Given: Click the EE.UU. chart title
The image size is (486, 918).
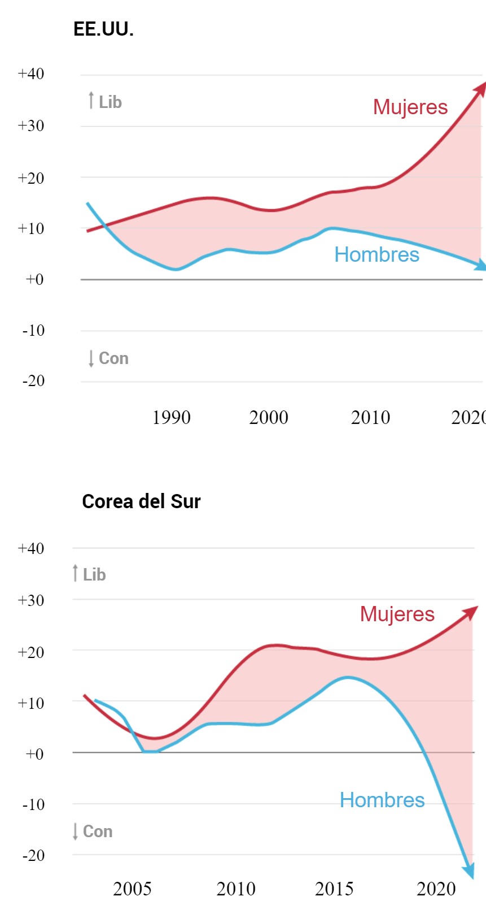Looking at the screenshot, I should click(103, 29).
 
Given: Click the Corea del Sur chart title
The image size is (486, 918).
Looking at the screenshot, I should click(141, 501).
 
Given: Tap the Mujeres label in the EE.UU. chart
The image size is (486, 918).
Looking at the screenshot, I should click(410, 107).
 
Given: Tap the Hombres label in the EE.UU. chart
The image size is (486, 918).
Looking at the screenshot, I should click(376, 254).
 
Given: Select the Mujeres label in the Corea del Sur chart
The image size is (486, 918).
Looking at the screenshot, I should click(397, 614).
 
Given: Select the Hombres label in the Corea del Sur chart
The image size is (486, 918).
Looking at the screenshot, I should click(382, 800).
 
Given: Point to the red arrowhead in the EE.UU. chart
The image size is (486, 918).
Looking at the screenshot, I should click(480, 88).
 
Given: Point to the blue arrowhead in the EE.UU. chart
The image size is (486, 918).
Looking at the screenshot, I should click(480, 265).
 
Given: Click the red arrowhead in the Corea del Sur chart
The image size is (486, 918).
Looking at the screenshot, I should click(471, 612).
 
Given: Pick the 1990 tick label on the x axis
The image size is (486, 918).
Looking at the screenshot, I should click(172, 418).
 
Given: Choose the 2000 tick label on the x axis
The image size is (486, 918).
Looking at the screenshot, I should click(269, 418).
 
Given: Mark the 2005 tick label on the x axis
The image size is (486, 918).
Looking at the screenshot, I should click(132, 889).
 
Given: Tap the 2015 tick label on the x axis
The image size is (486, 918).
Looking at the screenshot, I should click(334, 889).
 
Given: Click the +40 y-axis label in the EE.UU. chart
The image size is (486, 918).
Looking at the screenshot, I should click(31, 74).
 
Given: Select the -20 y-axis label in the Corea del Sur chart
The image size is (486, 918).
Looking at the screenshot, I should click(33, 855).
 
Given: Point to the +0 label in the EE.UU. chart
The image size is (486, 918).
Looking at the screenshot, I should click(34, 279).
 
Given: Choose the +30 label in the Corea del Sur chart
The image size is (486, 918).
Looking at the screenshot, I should click(31, 600).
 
